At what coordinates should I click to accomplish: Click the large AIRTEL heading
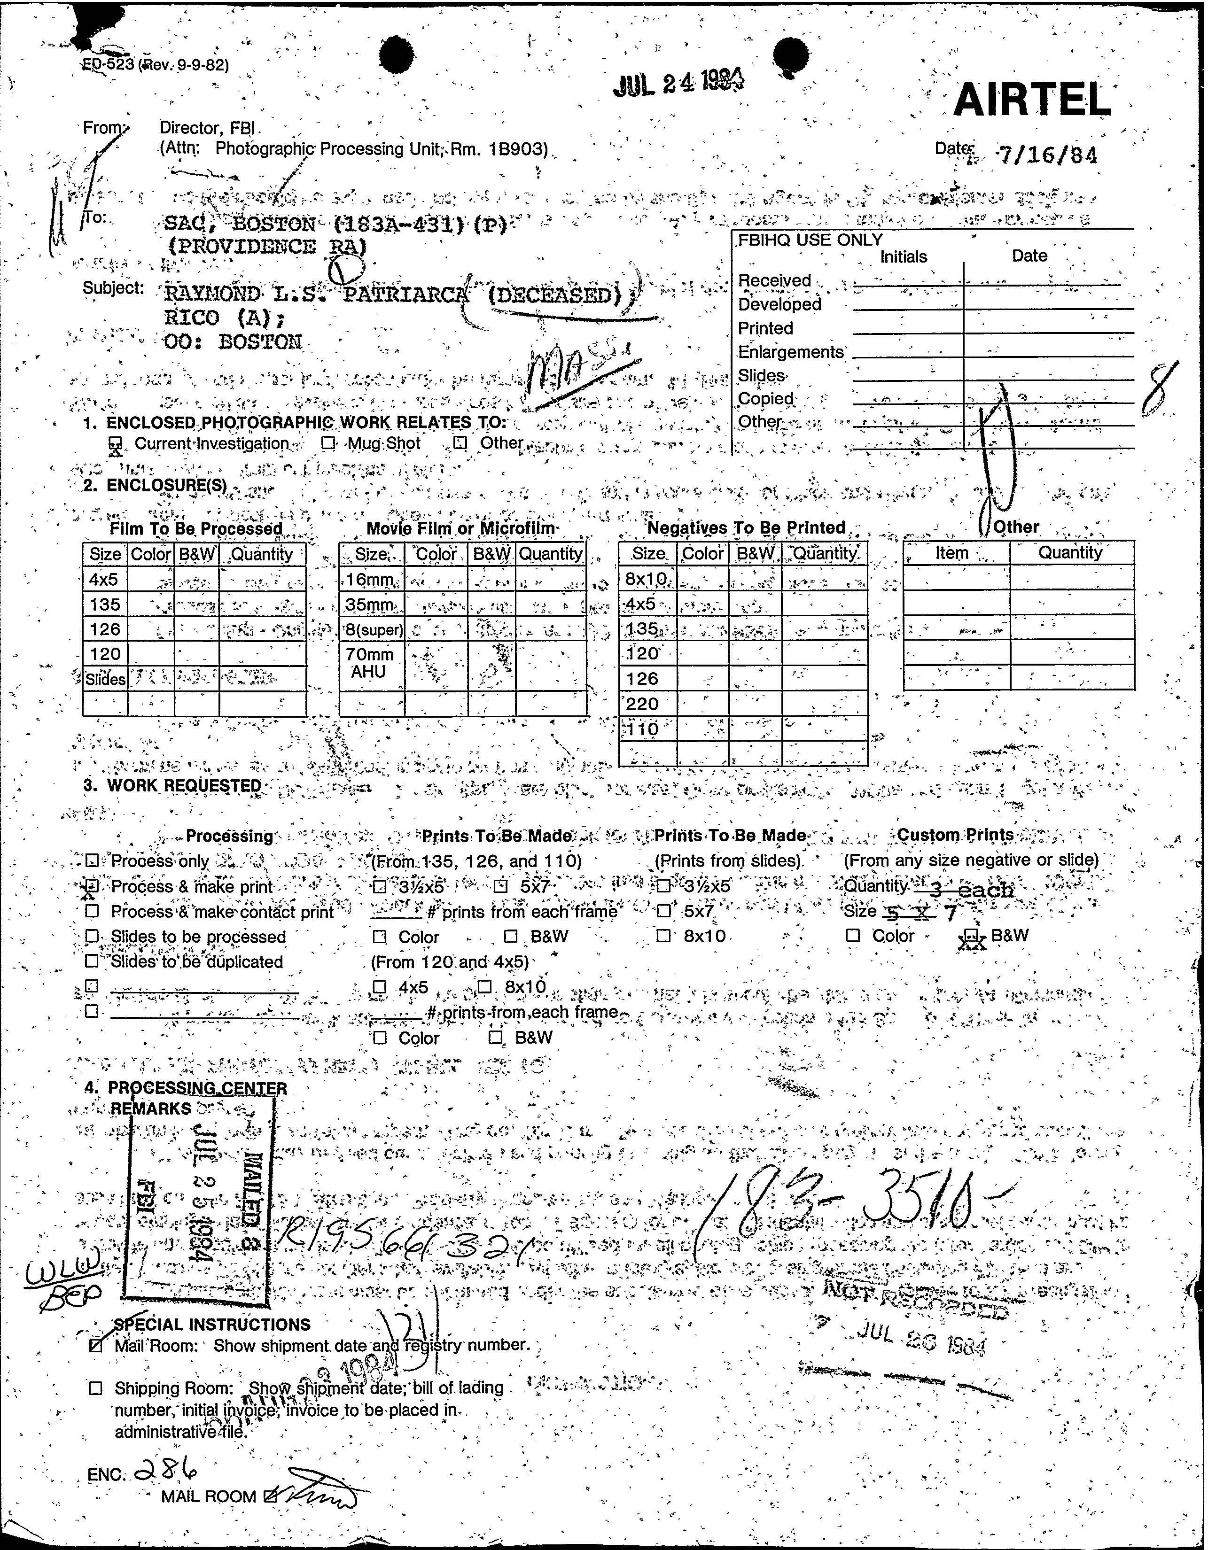coord(1032,100)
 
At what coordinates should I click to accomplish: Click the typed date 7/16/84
coord(1047,155)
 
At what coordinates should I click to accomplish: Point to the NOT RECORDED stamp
coord(916,1304)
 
